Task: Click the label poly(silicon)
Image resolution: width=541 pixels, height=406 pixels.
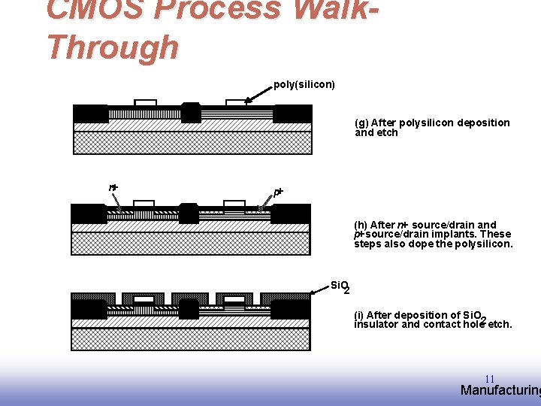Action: [304, 84]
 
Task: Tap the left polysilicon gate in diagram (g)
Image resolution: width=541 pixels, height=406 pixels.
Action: [145, 103]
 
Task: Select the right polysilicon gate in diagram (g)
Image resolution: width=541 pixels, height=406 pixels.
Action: [236, 103]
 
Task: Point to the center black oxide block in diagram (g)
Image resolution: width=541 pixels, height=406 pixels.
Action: [191, 112]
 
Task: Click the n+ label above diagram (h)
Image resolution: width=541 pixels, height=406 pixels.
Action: [113, 187]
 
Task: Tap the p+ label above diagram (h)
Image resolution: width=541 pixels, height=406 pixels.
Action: [278, 192]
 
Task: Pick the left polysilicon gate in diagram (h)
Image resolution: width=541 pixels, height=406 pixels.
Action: [144, 204]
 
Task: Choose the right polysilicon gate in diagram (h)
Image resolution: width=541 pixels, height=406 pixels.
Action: [234, 204]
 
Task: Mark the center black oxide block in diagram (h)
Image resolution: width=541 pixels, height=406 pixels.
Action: [189, 214]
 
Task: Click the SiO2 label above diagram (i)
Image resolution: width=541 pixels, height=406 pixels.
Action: [340, 286]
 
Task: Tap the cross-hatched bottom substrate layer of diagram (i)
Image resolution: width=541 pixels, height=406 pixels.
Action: [190, 339]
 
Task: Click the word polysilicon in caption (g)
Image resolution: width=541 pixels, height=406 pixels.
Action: [426, 123]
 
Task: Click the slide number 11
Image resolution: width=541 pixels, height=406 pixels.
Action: [489, 379]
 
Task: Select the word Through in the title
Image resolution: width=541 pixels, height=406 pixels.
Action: [113, 47]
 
